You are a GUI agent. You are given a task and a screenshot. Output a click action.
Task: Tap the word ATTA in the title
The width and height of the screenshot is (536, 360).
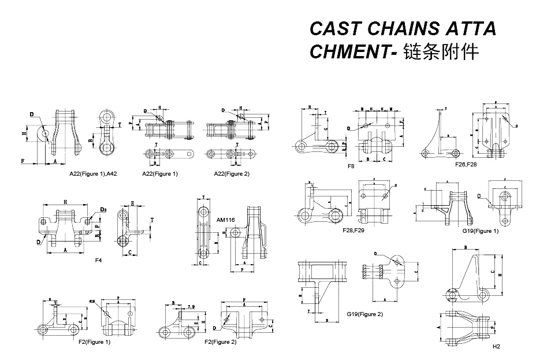(x=473, y=29)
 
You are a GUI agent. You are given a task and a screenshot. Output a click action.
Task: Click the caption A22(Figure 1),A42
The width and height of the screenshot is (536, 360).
(x=94, y=174)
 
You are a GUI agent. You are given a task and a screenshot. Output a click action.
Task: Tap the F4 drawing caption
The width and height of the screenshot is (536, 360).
(x=98, y=261)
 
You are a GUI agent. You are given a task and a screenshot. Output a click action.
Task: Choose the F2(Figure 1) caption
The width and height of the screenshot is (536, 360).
(x=94, y=342)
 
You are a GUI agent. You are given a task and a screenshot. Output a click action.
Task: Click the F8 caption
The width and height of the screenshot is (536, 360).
(x=351, y=166)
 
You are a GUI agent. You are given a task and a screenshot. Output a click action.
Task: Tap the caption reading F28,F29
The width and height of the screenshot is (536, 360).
(x=354, y=230)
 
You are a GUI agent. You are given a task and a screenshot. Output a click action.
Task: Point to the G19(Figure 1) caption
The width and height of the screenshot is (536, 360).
(x=480, y=231)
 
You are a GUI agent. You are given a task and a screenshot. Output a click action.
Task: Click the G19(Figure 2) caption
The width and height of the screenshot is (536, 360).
(x=365, y=314)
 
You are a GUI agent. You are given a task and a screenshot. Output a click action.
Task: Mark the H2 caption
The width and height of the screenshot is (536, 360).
(x=496, y=347)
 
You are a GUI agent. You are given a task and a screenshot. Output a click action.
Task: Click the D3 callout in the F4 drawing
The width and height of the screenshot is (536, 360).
(x=103, y=209)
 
